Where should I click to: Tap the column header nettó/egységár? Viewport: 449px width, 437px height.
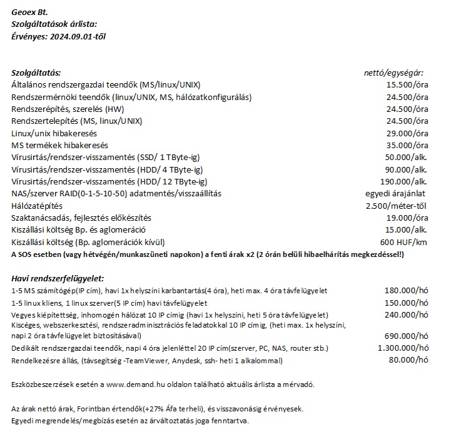point(394,73)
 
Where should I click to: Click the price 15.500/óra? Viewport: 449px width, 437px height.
point(407,84)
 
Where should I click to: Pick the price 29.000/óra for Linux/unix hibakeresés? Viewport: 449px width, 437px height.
point(407,133)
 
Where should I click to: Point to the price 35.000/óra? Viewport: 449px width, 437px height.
point(407,145)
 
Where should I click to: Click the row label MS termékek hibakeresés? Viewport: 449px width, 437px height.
point(60,145)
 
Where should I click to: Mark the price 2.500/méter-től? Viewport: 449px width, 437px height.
point(397,206)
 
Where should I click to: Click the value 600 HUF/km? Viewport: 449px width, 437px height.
point(404,243)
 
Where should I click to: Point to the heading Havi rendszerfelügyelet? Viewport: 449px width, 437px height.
point(58,278)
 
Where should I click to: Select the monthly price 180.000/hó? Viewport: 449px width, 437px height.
point(406,291)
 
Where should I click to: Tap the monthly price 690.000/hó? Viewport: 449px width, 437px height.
point(406,336)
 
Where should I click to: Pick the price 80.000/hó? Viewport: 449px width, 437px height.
point(408,360)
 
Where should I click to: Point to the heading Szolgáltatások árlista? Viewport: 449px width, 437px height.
point(54,24)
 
